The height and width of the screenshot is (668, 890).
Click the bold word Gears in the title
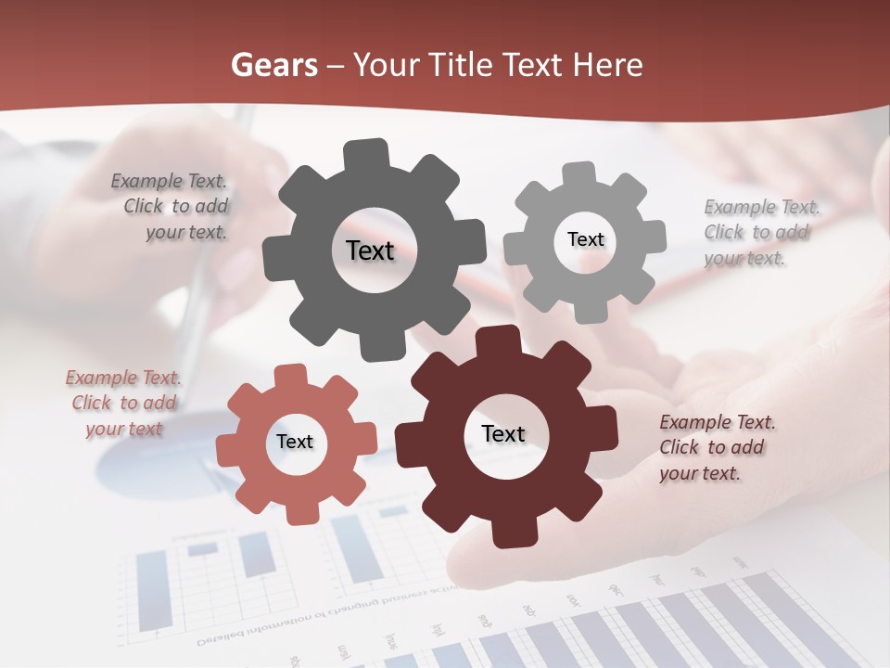click(274, 65)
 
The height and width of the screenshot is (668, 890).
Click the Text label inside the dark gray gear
click(370, 250)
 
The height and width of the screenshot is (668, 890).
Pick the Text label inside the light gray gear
click(585, 239)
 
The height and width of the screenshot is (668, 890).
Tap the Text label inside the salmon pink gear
click(295, 442)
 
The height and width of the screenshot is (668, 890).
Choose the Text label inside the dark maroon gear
click(503, 433)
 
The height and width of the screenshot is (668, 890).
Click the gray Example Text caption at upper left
click(172, 207)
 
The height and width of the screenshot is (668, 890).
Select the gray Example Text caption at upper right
click(759, 232)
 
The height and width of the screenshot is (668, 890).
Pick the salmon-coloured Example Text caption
click(124, 404)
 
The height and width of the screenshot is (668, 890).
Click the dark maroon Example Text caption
click(716, 447)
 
